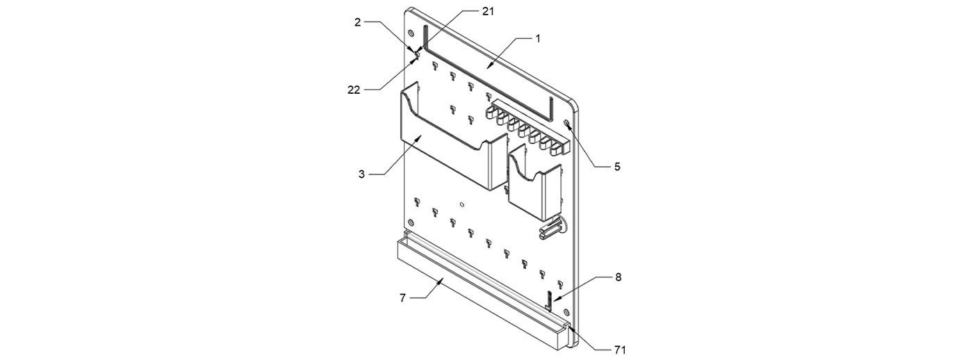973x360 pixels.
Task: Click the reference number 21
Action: tap(488, 12)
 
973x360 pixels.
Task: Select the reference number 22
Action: tap(354, 90)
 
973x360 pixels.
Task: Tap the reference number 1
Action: tap(538, 39)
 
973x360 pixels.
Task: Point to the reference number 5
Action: tap(617, 167)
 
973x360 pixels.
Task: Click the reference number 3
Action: tap(362, 174)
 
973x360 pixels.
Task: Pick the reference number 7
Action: tap(402, 298)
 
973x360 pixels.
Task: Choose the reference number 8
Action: tap(618, 277)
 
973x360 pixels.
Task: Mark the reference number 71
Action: tap(619, 350)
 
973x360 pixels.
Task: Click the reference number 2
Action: tap(357, 22)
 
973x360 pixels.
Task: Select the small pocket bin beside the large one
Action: tap(534, 182)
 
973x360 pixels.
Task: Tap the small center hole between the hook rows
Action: tap(462, 204)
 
